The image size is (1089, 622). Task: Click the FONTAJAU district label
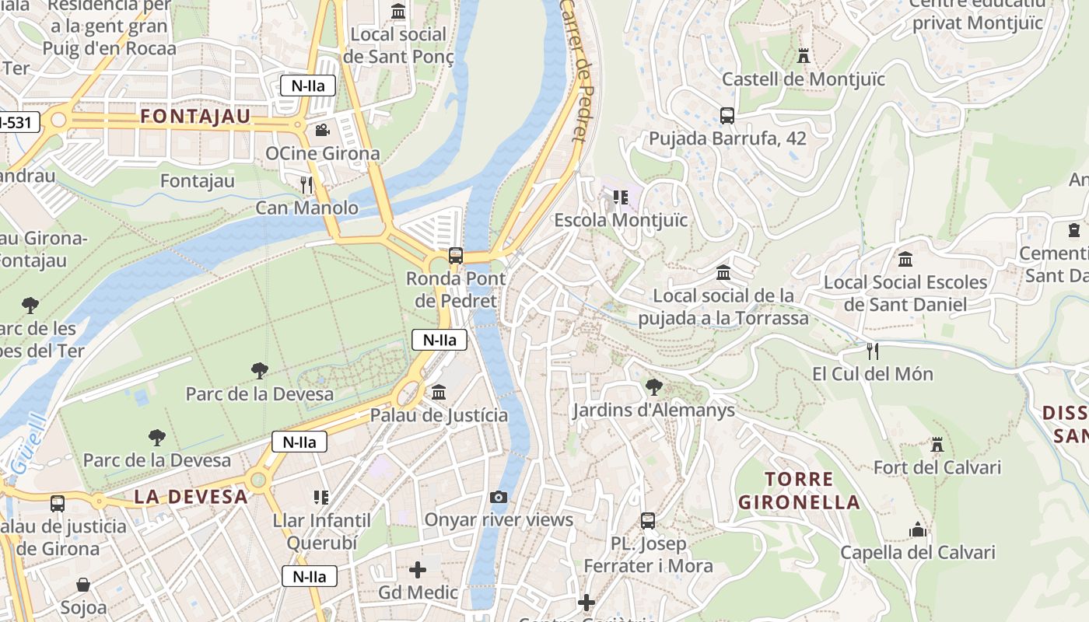195,117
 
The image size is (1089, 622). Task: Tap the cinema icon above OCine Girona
322,130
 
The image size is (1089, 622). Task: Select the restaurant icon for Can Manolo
306,184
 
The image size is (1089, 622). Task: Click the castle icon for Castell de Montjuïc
804,56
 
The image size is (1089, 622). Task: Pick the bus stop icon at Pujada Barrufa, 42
727,116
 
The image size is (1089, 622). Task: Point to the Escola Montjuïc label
621,220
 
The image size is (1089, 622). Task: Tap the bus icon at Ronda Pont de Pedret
456,255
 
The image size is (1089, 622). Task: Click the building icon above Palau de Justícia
439,392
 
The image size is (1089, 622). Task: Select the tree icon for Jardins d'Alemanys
654,386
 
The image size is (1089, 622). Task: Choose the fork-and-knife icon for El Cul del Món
872,351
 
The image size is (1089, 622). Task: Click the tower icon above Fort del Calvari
937,445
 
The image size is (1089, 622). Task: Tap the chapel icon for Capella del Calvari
918,529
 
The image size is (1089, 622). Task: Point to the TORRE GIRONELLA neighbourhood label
799,491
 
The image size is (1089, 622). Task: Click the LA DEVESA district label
191,497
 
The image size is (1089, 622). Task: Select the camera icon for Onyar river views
499,497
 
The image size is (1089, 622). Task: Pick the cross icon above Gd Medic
418,570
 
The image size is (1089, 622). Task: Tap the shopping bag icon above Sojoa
83,584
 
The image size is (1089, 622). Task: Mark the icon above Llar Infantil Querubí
320,497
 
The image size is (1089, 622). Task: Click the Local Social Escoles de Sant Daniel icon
905,259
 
